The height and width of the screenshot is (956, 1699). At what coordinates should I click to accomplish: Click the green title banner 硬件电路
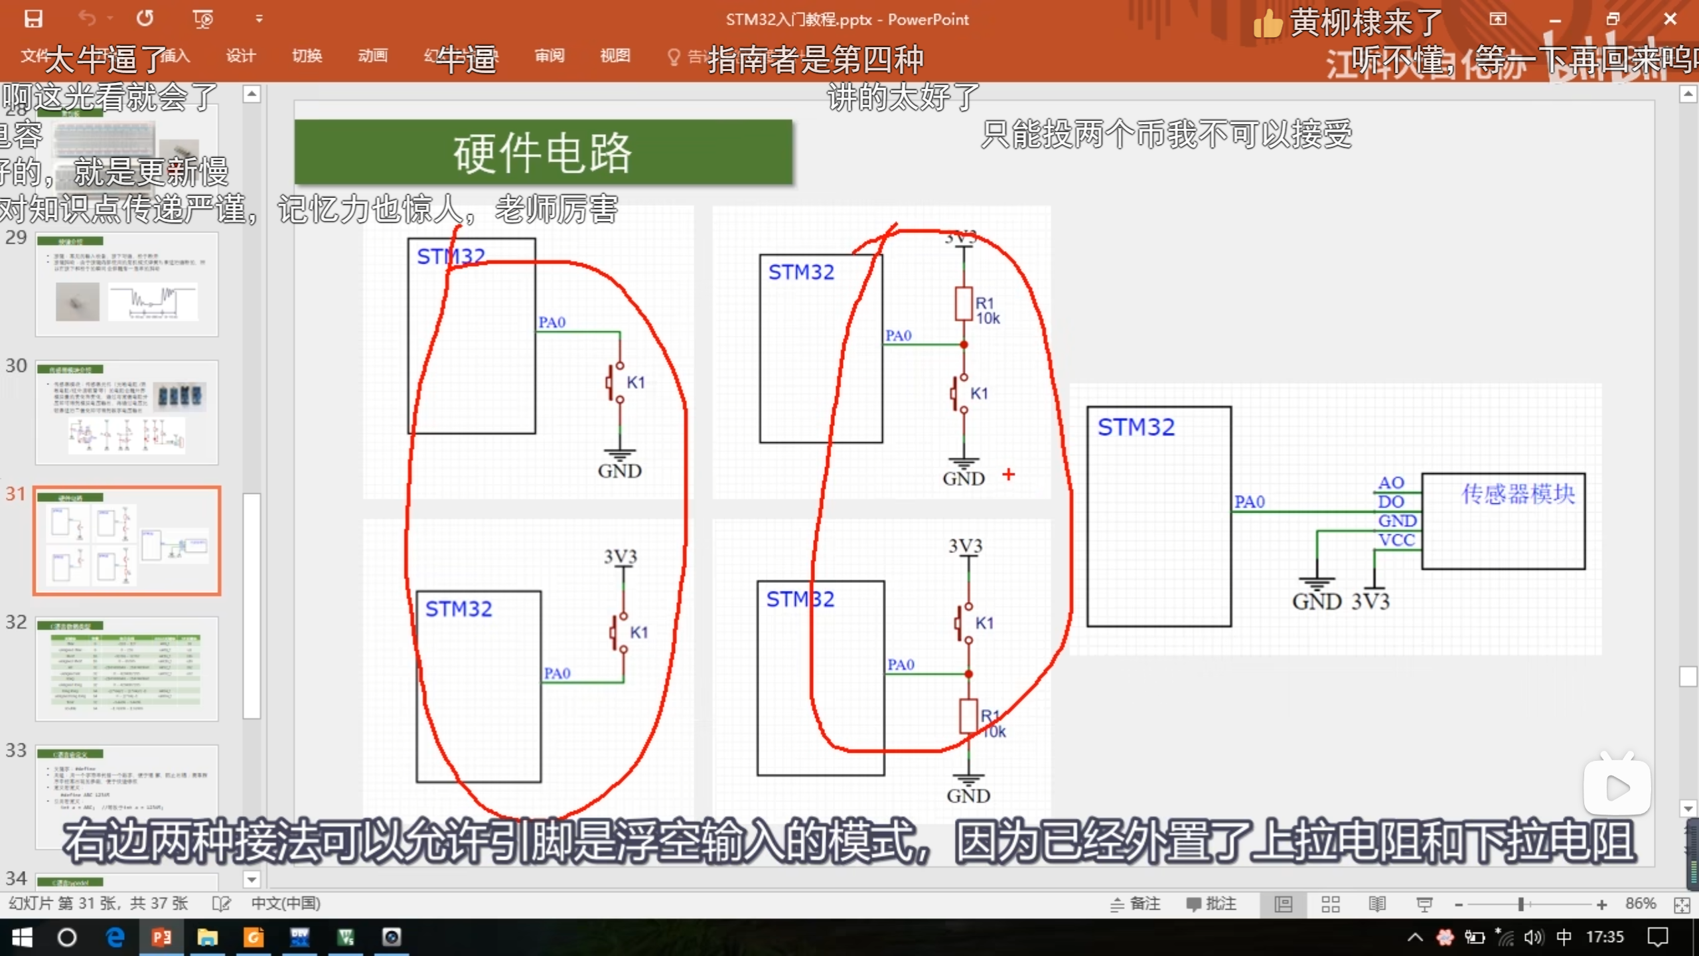[543, 152]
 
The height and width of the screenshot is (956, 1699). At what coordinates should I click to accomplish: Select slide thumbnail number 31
[127, 540]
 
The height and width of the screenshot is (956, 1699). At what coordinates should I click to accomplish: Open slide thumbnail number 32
[127, 668]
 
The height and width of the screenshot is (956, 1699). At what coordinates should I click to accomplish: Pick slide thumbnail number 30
[127, 412]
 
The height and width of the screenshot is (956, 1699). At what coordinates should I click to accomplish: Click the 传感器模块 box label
[1518, 494]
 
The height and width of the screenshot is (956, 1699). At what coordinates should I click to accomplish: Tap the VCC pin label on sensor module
[1396, 540]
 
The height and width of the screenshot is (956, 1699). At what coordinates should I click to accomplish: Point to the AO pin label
[1391, 483]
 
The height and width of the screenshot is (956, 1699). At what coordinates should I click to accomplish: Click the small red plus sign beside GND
[1009, 474]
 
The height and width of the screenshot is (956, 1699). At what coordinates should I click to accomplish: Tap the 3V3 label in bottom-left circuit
[621, 556]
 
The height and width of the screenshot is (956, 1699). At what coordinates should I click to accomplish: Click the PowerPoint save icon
[33, 19]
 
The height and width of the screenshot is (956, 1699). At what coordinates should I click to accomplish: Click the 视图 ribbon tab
[615, 56]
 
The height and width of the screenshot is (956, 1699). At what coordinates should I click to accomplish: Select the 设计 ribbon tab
[240, 56]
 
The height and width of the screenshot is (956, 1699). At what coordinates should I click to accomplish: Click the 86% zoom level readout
[1641, 904]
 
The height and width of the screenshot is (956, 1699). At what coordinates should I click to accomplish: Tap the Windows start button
[22, 937]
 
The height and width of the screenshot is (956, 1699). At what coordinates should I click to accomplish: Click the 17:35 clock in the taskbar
[1605, 937]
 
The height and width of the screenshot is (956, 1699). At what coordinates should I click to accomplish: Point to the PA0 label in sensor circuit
[1249, 502]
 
